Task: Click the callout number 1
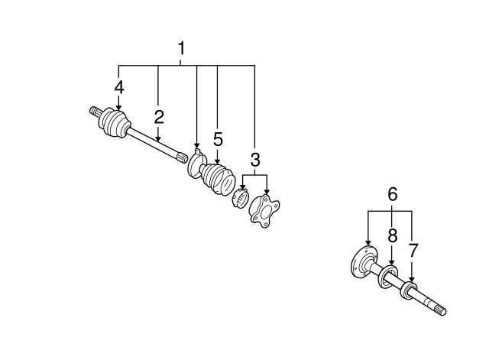pyautogui.click(x=181, y=48)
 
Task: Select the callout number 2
pyautogui.click(x=159, y=117)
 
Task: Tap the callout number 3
pyautogui.click(x=255, y=160)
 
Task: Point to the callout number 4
pyautogui.click(x=119, y=87)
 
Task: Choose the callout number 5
pyautogui.click(x=218, y=139)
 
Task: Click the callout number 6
pyautogui.click(x=392, y=193)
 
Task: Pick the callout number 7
pyautogui.click(x=413, y=250)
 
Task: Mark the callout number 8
pyautogui.click(x=392, y=235)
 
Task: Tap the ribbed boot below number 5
pyautogui.click(x=218, y=179)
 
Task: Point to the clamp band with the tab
pyautogui.click(x=196, y=164)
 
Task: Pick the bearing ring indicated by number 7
pyautogui.click(x=409, y=290)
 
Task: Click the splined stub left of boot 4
pyautogui.click(x=95, y=112)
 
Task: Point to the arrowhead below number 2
pyautogui.click(x=159, y=139)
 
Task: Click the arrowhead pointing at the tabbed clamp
pyautogui.click(x=196, y=146)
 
